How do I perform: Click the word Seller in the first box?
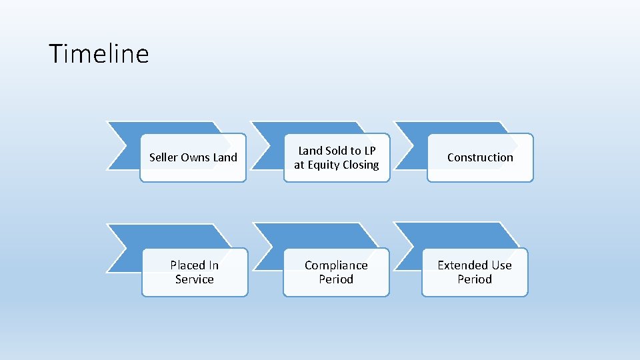162,157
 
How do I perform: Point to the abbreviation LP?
369,151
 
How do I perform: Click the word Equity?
322,165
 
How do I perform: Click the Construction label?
480,157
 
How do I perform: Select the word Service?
195,279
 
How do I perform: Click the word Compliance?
336,265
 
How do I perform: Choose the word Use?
501,265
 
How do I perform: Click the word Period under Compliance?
336,279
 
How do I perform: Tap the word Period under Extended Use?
475,279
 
